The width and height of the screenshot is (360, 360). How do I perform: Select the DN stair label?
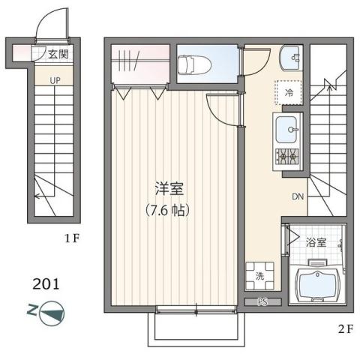click(x=298, y=197)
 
